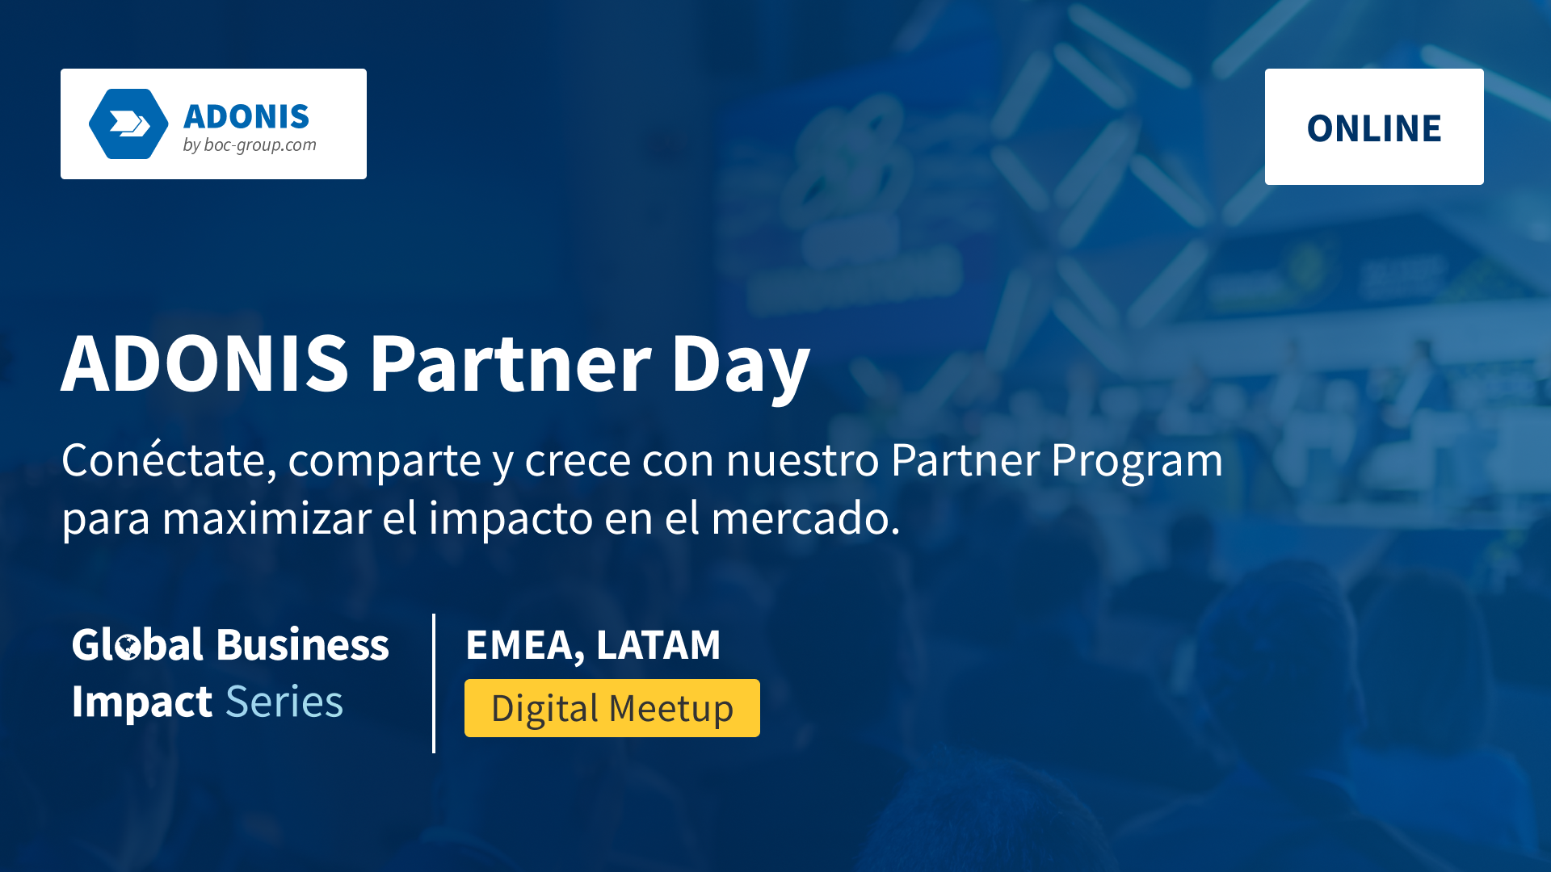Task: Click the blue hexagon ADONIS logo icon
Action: click(x=128, y=124)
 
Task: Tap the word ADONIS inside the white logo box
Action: click(x=246, y=117)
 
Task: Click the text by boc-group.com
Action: click(x=250, y=145)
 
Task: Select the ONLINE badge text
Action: click(x=1374, y=128)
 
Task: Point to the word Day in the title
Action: click(x=740, y=367)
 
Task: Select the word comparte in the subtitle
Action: click(x=385, y=463)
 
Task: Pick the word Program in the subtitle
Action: click(x=1137, y=463)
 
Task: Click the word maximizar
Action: click(x=267, y=518)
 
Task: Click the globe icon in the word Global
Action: click(x=128, y=647)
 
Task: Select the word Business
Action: click(x=303, y=644)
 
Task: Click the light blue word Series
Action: click(x=284, y=702)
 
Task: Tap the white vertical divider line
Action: click(x=434, y=683)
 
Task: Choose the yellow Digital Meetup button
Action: click(x=612, y=708)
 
